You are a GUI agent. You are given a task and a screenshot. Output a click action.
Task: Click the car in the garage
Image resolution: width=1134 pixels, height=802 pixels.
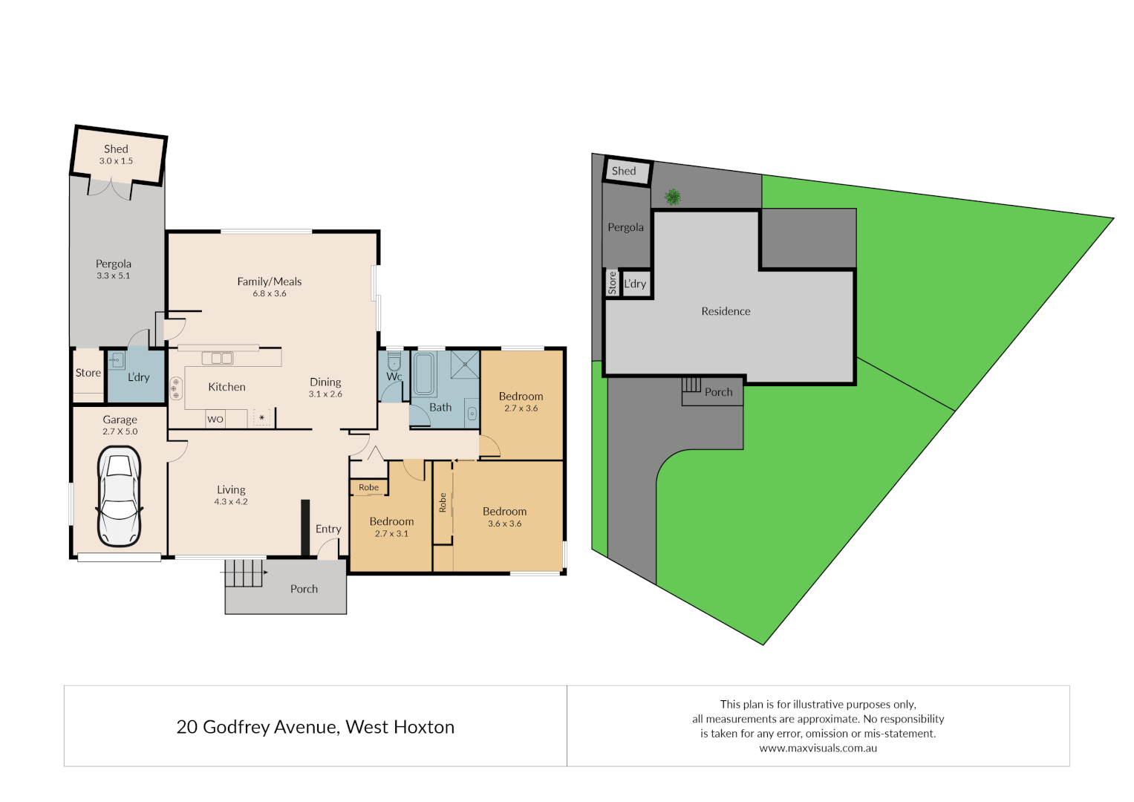[119, 496]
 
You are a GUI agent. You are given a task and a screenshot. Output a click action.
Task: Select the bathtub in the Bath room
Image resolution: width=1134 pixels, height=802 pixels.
[423, 374]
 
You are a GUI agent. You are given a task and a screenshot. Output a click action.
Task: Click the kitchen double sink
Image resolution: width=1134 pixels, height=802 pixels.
[217, 358]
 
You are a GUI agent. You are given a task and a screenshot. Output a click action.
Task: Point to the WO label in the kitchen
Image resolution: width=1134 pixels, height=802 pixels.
[215, 420]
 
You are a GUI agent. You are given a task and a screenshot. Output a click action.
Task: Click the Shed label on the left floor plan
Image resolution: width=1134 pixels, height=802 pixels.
[116, 149]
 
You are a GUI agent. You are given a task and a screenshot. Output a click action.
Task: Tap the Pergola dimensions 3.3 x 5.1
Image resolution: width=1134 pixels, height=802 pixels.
[113, 276]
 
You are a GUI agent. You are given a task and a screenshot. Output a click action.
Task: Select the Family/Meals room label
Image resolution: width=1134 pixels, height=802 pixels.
[269, 281]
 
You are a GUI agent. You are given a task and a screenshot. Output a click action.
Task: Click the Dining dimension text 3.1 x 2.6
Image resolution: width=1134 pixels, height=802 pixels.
[325, 394]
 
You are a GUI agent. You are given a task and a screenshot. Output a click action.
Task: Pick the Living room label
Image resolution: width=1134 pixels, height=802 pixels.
[231, 490]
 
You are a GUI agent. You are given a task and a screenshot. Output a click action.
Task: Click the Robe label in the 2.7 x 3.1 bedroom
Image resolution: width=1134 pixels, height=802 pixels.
[368, 488]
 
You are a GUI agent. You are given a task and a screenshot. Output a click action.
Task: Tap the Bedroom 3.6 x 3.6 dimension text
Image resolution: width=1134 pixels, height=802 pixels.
[504, 524]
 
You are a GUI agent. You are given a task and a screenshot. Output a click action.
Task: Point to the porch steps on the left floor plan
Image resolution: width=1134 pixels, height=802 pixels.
[244, 573]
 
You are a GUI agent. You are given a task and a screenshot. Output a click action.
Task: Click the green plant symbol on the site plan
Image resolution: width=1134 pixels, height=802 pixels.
[673, 197]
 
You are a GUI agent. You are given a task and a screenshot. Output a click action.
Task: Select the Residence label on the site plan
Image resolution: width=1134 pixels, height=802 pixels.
[726, 311]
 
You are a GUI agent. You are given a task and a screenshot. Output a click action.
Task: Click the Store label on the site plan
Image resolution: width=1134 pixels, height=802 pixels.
[613, 283]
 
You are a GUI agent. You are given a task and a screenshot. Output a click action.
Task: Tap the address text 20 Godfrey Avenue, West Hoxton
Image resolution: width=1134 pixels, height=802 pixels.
[315, 727]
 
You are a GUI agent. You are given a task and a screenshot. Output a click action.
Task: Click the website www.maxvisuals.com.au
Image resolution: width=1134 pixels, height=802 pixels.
[818, 749]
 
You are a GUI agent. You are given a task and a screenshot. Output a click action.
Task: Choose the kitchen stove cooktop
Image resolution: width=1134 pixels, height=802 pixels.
[176, 388]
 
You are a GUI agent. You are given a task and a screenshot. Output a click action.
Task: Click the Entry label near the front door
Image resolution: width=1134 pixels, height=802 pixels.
[328, 529]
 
